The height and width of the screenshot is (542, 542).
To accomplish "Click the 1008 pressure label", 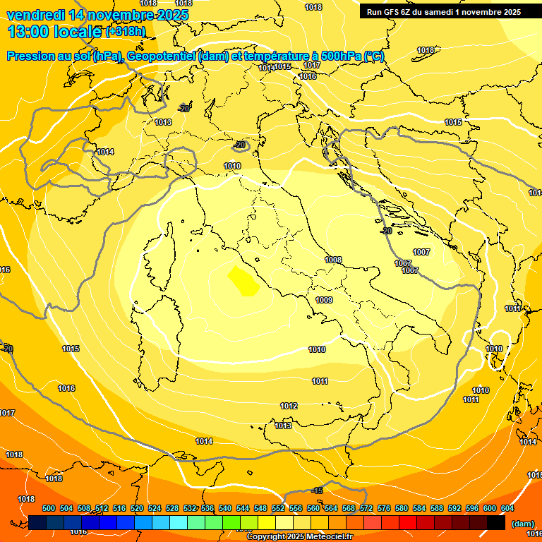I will coord(333,260).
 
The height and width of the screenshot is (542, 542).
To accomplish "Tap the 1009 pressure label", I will coord(324,301).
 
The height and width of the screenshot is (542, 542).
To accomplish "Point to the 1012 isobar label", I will coord(289,406).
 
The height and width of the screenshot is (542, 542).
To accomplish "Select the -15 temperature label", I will coord(318,490).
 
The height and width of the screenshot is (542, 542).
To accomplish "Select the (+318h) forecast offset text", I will coord(125,32).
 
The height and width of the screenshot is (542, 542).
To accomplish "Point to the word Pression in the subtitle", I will coord(32,56).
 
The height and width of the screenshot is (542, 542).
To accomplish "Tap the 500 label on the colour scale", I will coord(49,508).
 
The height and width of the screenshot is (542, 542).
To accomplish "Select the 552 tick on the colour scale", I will coord(278,508).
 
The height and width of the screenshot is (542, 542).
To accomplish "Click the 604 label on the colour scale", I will coord(507,508).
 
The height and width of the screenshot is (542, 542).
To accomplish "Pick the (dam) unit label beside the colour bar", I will coord(523,523).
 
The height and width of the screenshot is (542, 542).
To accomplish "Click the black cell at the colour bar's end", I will coord(495,522).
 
